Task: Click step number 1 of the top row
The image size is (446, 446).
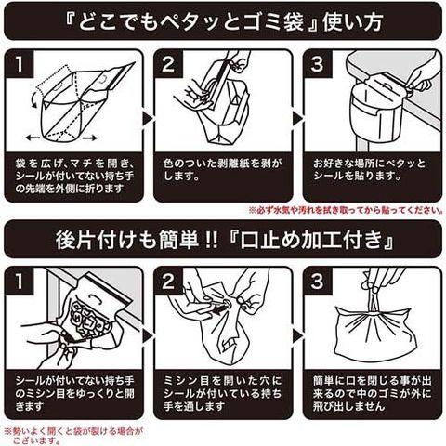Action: (x=20, y=64)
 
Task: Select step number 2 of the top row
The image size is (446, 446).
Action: (x=168, y=64)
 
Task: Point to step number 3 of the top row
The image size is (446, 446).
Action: (x=317, y=64)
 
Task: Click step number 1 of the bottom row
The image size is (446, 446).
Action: (x=20, y=282)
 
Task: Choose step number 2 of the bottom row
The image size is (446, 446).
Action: (x=168, y=282)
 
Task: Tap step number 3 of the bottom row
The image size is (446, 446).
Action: (x=317, y=282)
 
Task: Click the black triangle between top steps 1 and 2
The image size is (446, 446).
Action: (x=148, y=118)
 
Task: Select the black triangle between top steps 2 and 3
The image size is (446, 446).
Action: (x=297, y=118)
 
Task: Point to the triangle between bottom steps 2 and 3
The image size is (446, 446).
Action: (x=297, y=335)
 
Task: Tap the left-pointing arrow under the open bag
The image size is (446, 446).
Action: (x=33, y=138)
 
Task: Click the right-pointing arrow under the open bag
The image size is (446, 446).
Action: (x=89, y=138)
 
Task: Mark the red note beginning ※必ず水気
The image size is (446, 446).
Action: (x=346, y=211)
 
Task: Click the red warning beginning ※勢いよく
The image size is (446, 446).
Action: (x=73, y=436)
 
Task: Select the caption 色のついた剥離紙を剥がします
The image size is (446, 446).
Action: (x=222, y=170)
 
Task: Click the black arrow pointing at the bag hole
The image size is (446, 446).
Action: (x=222, y=310)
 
